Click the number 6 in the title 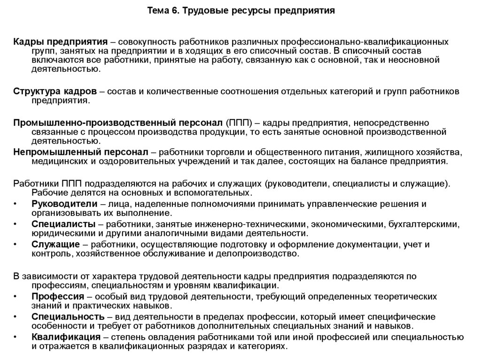[168, 10]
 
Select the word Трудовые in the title [197, 10]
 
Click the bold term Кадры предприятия [60, 41]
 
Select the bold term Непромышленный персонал [80, 153]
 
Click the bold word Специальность [68, 316]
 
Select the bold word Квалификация [66, 337]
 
